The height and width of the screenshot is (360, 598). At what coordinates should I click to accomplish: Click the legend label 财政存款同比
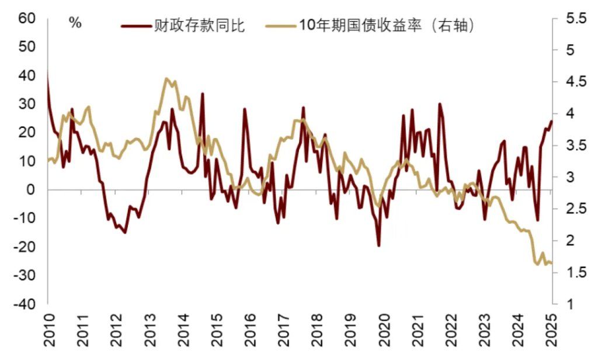point(199,26)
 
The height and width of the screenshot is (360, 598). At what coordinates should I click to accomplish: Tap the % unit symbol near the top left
point(75,23)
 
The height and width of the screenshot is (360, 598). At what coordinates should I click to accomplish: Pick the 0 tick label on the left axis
point(33,190)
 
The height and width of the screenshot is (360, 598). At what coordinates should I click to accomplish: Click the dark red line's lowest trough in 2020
point(379,245)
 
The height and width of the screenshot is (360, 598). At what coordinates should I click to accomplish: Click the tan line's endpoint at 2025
point(551,263)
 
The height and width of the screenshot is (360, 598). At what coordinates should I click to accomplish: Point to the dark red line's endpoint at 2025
point(551,121)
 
